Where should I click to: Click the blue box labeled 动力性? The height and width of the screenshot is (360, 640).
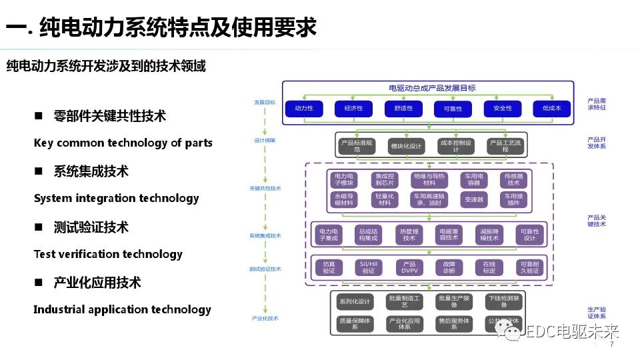[x=304, y=108]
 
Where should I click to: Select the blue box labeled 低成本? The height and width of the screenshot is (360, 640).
[x=551, y=108]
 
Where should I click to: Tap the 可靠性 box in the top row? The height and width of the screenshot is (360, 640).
[x=453, y=108]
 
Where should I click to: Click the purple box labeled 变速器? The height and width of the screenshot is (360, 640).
[x=474, y=199]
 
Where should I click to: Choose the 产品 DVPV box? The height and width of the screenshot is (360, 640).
[x=409, y=267]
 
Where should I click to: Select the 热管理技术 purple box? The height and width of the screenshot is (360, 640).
[x=409, y=234]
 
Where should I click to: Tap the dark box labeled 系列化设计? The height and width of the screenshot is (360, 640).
[x=354, y=301]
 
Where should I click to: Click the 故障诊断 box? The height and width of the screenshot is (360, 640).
[x=449, y=267]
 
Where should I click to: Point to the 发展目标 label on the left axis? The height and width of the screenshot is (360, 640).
[x=264, y=103]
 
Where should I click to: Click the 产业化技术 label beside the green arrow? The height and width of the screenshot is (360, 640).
[x=265, y=319]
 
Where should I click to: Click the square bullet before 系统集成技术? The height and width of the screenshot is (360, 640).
[x=39, y=171]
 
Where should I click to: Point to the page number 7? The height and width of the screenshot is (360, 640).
[x=611, y=345]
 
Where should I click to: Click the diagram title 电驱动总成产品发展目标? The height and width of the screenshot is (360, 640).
[x=432, y=88]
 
